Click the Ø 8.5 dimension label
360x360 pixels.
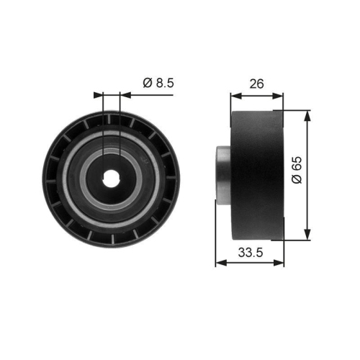pos(158,84)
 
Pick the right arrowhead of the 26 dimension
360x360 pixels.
pos(280,94)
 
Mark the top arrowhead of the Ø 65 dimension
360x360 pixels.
pos(307,116)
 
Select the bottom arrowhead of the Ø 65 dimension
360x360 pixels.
pos(307,235)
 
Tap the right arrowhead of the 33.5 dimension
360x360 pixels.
pos(280,264)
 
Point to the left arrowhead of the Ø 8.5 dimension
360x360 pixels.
pos(99,94)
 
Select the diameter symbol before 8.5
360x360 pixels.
pos(146,84)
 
